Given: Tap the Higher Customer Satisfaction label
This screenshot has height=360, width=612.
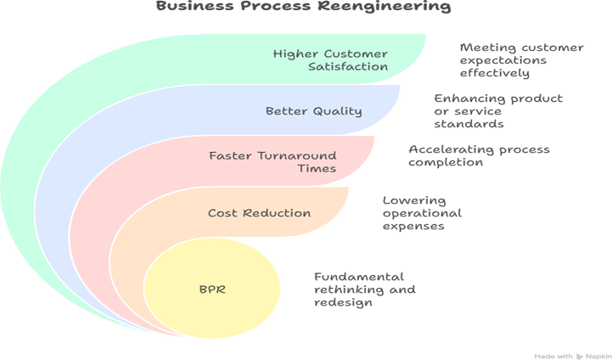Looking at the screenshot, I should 330,59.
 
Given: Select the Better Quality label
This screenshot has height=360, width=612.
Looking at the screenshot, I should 302,110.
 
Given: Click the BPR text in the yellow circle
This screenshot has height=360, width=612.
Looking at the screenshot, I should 211,290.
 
